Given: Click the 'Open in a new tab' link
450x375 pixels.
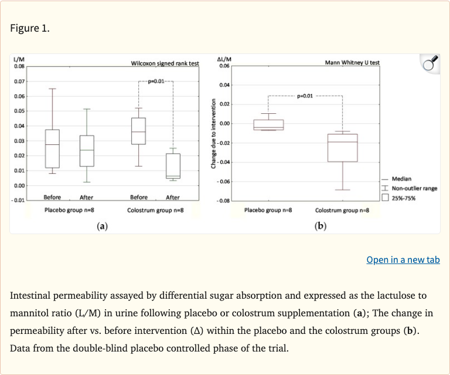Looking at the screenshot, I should click(403, 259).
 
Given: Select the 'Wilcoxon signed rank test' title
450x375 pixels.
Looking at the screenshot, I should click(165, 63).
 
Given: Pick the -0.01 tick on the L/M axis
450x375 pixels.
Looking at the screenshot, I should click(19, 201).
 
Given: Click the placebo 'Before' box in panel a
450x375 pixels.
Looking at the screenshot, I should click(52, 148).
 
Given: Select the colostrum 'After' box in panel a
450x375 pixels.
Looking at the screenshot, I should click(173, 166).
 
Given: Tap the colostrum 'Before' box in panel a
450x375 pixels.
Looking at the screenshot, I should click(139, 131).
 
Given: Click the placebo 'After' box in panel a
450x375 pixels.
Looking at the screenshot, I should click(87, 151).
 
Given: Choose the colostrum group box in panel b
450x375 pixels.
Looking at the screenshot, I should click(342, 147).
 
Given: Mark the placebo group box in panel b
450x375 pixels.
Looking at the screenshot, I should click(268, 125).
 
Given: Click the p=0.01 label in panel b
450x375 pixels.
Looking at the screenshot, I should click(305, 95).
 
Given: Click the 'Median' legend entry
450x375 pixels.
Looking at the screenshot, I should click(401, 179).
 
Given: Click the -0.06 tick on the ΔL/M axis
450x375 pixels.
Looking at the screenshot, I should click(224, 181).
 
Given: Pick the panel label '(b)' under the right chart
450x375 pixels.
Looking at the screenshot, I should click(320, 225).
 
